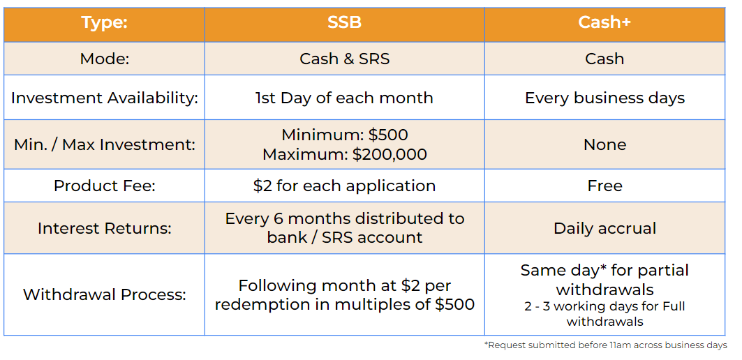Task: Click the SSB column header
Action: pos(345,23)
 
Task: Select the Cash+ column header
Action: pos(604,23)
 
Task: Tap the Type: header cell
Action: pos(105,23)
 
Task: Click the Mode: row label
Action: pos(105,59)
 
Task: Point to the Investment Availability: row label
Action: pos(105,98)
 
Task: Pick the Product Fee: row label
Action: pos(105,186)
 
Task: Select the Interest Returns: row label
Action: pos(105,229)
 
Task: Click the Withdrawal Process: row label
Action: pos(105,294)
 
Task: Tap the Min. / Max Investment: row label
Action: pos(105,144)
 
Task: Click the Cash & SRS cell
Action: pos(345,59)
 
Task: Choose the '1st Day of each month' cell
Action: pos(345,98)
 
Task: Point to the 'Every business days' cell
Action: pos(604,98)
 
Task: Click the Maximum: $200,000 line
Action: pos(345,155)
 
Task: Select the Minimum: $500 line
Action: pos(345,135)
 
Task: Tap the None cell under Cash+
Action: pos(604,144)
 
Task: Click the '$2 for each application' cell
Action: pos(345,186)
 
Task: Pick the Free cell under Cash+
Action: pos(604,186)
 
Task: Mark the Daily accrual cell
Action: pos(604,229)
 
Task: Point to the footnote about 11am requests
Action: pos(605,345)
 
